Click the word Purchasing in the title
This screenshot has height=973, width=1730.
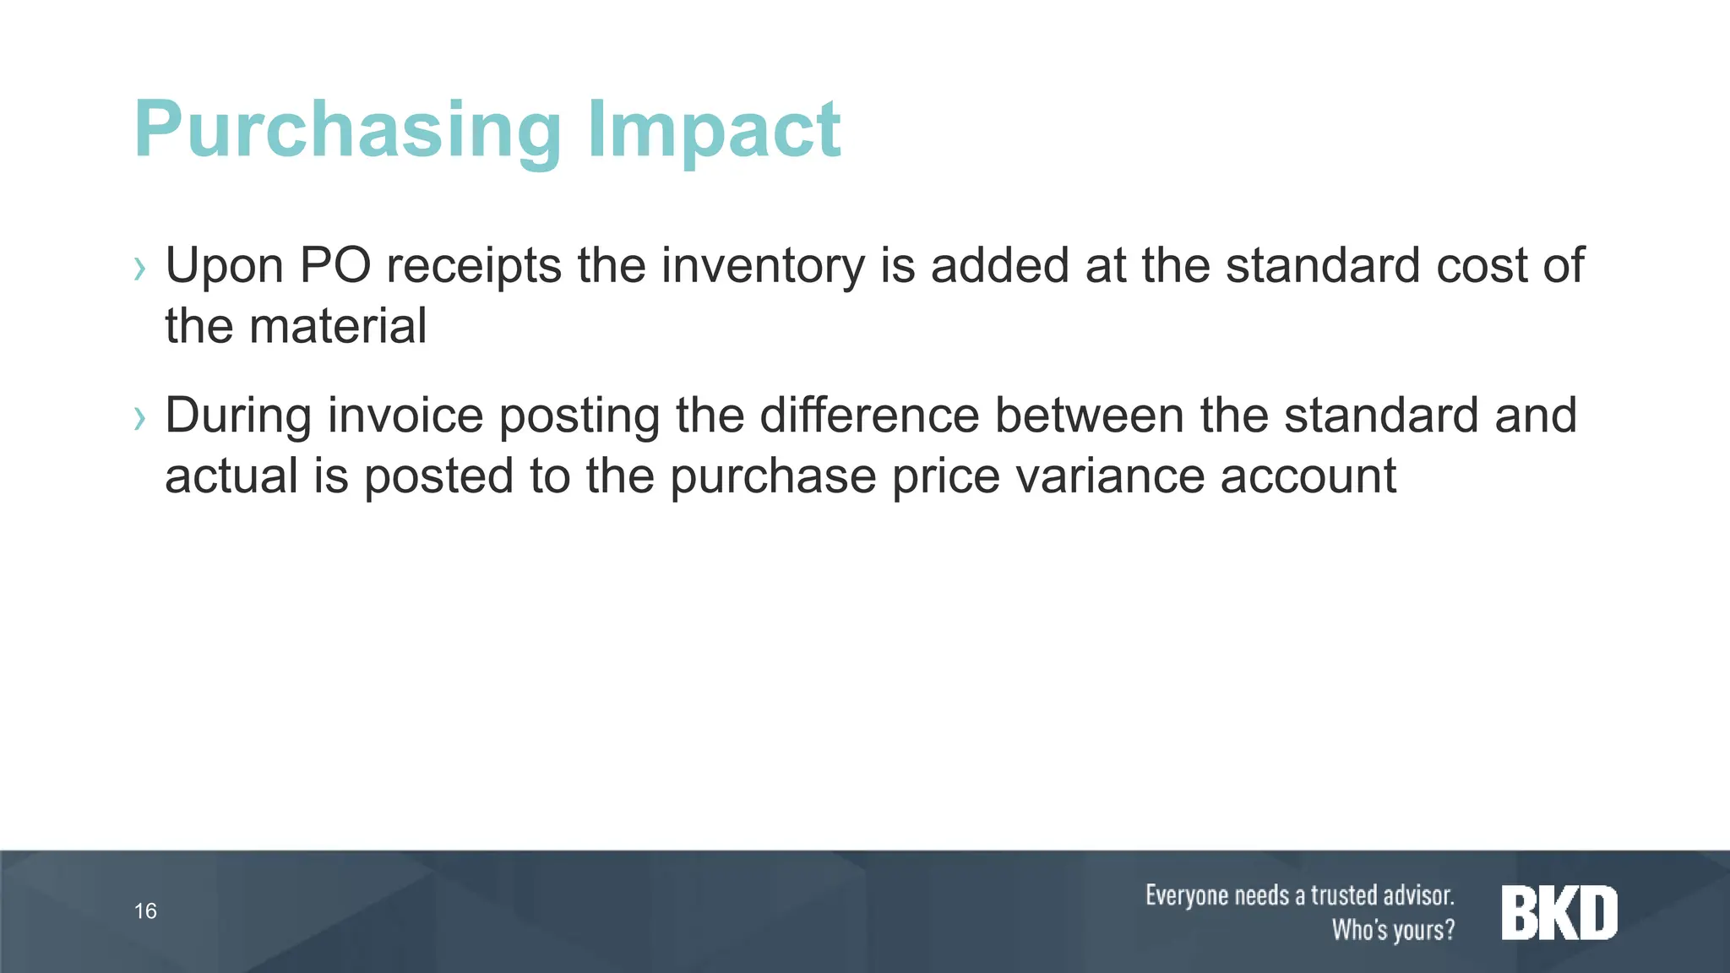[347, 131]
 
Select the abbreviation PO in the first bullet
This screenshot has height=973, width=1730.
[335, 265]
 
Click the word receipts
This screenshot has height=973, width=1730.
[474, 267]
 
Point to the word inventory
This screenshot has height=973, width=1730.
[763, 267]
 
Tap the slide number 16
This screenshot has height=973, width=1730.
[145, 911]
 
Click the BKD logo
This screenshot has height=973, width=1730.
[1559, 913]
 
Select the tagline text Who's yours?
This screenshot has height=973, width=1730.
[1393, 930]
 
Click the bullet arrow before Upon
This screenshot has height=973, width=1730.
[140, 269]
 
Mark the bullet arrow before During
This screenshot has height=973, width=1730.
[140, 419]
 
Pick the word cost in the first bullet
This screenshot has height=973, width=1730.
[1482, 266]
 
